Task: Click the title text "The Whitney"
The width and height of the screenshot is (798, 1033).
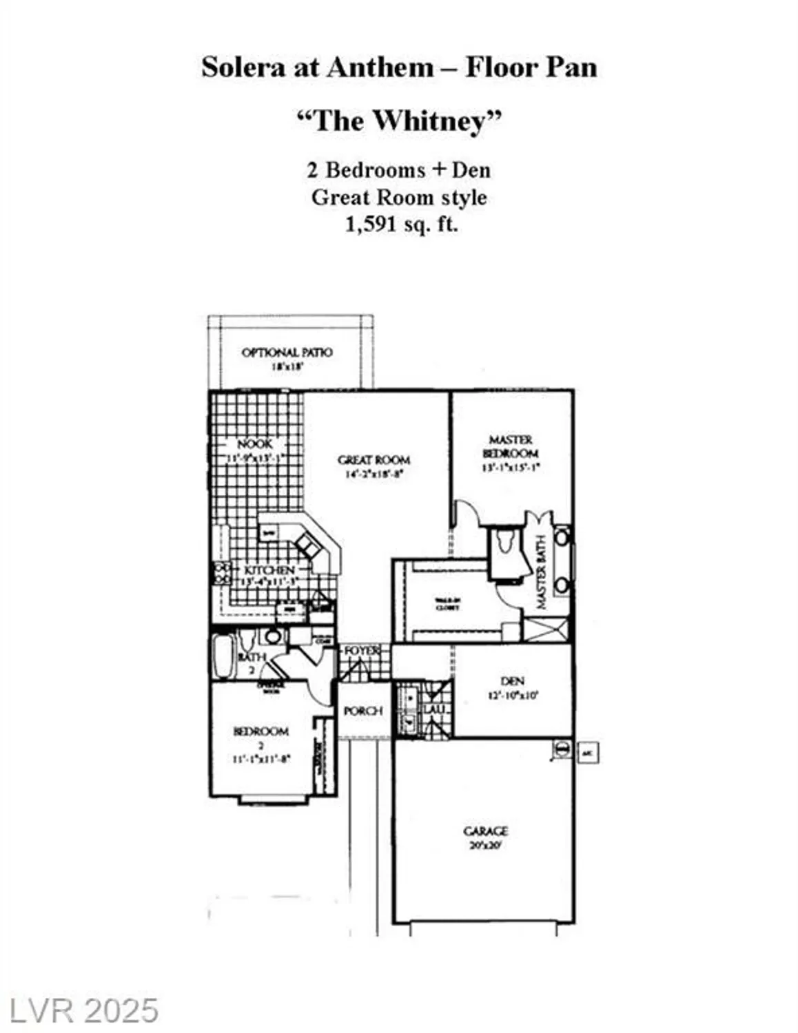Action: pos(398,121)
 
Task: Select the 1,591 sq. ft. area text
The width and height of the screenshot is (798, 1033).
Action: pos(401,225)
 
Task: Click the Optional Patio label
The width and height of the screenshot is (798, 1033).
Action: pos(287,353)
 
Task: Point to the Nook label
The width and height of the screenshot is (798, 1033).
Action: pos(254,444)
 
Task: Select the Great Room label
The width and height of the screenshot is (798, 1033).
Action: pos(374,459)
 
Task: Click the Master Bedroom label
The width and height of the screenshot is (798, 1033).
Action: pos(511,446)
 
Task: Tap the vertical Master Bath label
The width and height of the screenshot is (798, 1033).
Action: pos(541,572)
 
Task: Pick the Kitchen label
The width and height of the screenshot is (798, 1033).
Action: pos(269,570)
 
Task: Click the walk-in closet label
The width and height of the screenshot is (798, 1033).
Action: pos(447,604)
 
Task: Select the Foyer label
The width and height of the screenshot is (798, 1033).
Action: pos(362,651)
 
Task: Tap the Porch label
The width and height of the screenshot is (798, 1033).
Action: pos(362,711)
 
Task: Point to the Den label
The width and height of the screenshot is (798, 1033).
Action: pos(513,681)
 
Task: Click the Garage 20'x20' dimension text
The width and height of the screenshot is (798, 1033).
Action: pos(485,845)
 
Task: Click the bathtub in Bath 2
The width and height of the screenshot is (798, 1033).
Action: pos(223,657)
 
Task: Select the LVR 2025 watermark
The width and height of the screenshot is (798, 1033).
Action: pos(80,1011)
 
